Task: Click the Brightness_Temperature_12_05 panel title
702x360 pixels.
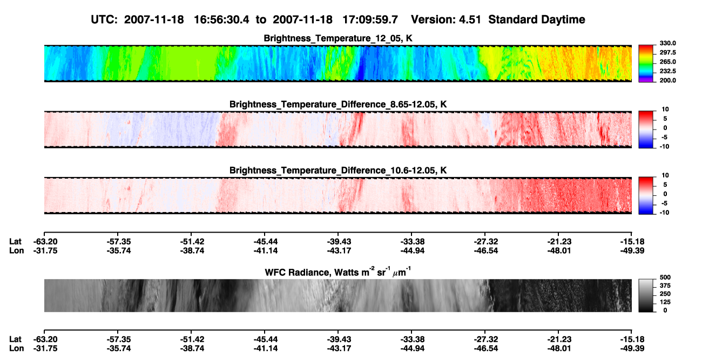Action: (x=338, y=38)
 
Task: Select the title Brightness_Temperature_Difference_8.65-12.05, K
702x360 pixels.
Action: (x=338, y=104)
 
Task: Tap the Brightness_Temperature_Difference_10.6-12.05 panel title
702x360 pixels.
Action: (x=338, y=171)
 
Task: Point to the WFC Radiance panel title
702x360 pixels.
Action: (x=338, y=272)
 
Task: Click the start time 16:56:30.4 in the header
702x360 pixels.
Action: (x=221, y=20)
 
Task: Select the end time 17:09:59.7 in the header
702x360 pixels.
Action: (x=370, y=20)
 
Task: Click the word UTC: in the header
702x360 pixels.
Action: (x=104, y=20)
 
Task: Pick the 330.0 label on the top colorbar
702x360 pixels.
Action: (x=667, y=43)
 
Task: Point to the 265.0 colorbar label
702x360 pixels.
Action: (x=667, y=62)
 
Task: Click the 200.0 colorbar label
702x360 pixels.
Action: (x=667, y=80)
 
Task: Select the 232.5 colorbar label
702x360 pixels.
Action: (x=667, y=71)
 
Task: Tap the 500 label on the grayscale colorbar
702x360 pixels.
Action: (x=665, y=277)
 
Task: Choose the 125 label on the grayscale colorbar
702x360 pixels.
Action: (x=665, y=302)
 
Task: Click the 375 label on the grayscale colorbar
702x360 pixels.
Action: (x=665, y=286)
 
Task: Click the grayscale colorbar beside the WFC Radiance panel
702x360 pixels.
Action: (x=646, y=295)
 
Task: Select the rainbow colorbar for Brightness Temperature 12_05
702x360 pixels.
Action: (x=646, y=64)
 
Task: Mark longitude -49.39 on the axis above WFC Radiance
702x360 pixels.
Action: (x=632, y=250)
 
